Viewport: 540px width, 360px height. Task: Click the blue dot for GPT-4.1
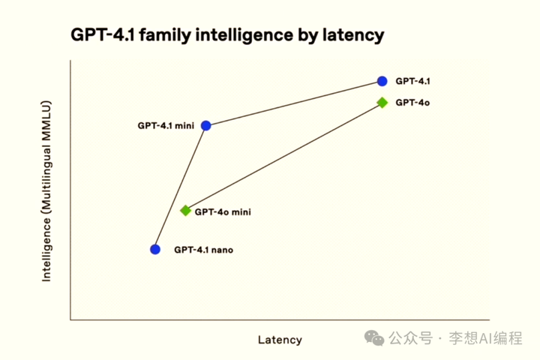(x=382, y=81)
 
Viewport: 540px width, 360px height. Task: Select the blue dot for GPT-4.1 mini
(x=206, y=125)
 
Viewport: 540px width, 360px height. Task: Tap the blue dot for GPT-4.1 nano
(x=155, y=249)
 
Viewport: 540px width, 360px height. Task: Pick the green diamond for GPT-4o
(x=382, y=102)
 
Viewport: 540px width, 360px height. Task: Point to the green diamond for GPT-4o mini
(x=186, y=211)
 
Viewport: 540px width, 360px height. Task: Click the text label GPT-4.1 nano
(x=203, y=250)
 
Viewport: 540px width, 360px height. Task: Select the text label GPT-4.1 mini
(x=166, y=126)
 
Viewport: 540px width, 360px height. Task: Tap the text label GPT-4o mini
(x=223, y=212)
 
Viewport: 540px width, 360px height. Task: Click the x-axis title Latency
(x=280, y=340)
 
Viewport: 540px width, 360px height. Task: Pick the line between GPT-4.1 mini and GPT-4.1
(x=294, y=103)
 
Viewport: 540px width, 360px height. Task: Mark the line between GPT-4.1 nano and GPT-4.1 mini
(x=181, y=187)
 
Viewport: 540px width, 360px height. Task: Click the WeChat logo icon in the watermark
(x=374, y=338)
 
